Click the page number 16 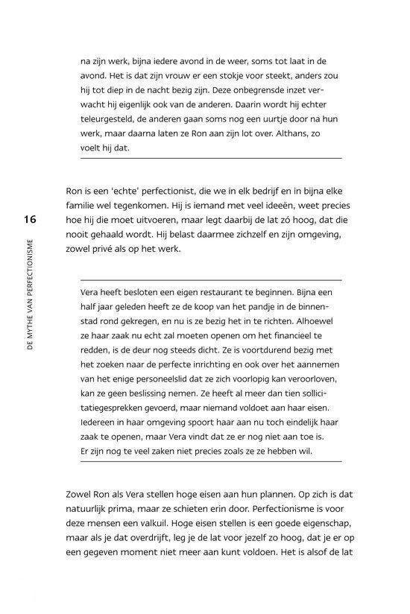[29, 219]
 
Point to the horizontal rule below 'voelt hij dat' [211, 158]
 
